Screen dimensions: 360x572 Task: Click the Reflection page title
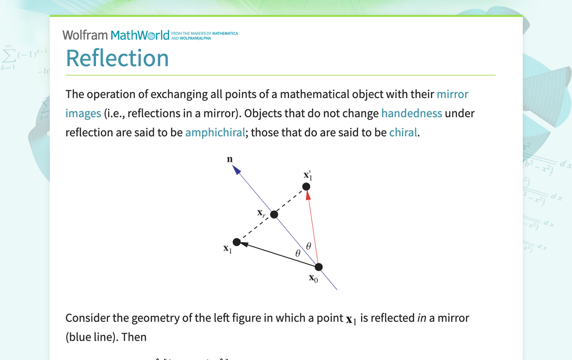[117, 58]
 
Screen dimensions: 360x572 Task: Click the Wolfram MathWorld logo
[116, 35]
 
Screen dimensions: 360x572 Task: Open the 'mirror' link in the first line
[452, 94]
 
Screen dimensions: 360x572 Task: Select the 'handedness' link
[411, 113]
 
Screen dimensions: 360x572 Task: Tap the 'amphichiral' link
[215, 133]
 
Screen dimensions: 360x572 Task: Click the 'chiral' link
[403, 133]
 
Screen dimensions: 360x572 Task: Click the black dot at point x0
[319, 267]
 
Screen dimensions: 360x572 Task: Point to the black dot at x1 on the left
[237, 242]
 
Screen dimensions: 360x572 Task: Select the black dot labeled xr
[274, 214]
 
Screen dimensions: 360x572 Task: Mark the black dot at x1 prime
[306, 186]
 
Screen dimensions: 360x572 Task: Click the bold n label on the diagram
[230, 159]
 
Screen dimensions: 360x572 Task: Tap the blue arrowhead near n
[237, 170]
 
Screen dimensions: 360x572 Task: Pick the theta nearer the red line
[308, 246]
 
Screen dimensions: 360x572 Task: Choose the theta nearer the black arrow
[298, 253]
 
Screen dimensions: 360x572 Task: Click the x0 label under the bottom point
[313, 278]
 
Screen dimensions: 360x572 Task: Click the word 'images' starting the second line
[83, 113]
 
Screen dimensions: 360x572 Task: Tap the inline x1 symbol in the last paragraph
[351, 319]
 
